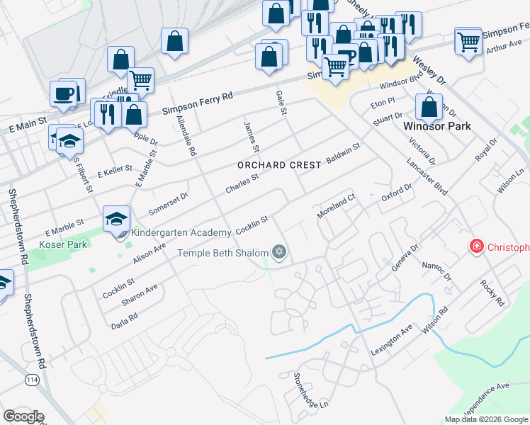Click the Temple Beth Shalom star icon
279,252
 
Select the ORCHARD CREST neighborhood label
279,164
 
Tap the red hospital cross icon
478,246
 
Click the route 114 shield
32,380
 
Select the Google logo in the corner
23,416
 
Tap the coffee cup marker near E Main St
64,93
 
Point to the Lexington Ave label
391,340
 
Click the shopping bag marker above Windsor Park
429,108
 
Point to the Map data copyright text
486,419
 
